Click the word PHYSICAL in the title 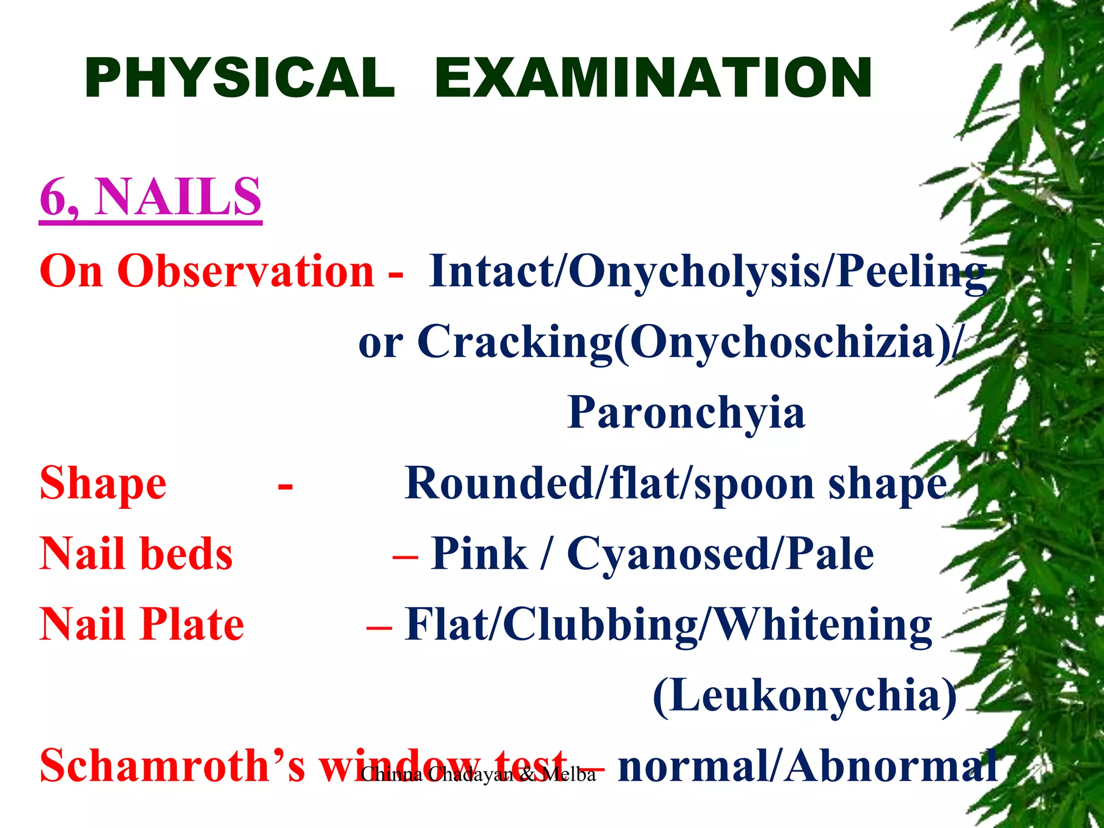[240, 78]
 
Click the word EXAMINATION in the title [653, 78]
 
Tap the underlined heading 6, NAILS [150, 197]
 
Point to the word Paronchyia [686, 412]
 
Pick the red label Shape [103, 484]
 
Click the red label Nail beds [136, 554]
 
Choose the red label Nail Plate [142, 624]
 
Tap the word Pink [479, 554]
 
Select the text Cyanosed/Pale [720, 554]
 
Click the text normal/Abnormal [807, 765]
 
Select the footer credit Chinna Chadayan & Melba [478, 775]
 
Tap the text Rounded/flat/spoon [609, 484]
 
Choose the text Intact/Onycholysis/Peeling [708, 271]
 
